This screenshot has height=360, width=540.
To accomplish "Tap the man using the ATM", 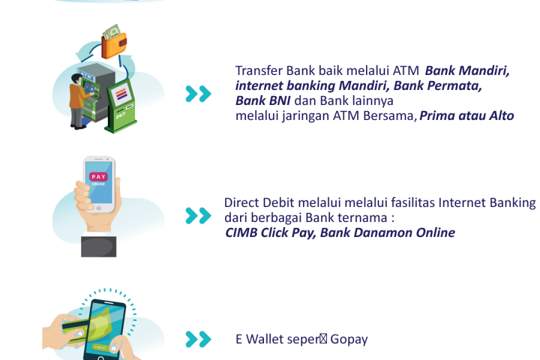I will pyautogui.click(x=77, y=100).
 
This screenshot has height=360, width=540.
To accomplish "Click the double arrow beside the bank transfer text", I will pyautogui.click(x=198, y=94).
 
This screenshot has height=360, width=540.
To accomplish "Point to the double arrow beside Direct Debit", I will pyautogui.click(x=198, y=215).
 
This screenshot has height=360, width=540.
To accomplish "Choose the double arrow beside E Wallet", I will pyautogui.click(x=198, y=339).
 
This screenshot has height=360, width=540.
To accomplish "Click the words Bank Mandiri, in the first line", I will pyautogui.click(x=467, y=71).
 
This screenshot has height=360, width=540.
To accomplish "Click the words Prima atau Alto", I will pyautogui.click(x=466, y=116).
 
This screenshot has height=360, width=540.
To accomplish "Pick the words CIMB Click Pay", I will pyautogui.click(x=269, y=233).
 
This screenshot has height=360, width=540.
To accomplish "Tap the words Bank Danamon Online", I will pyautogui.click(x=387, y=233).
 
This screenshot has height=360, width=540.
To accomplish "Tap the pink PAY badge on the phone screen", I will pyautogui.click(x=98, y=178).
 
